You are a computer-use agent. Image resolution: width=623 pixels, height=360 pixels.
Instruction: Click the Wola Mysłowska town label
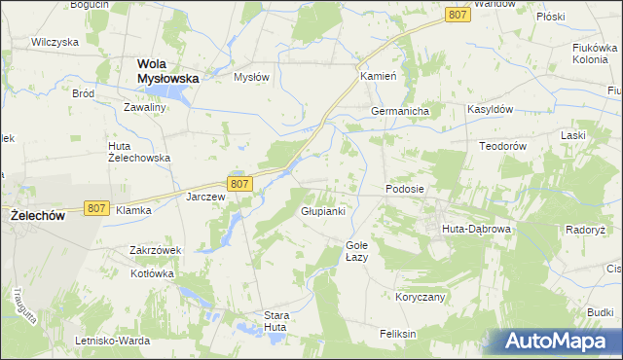[161, 70]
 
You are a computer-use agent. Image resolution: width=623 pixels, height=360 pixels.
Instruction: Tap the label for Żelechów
[37, 215]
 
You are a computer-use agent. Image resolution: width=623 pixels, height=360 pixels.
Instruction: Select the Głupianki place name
[323, 211]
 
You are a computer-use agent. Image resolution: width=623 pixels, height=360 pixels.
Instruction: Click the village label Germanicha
[400, 112]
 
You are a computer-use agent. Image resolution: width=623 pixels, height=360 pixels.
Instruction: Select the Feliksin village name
[398, 334]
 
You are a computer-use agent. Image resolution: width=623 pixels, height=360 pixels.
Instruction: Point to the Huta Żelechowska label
[138, 151]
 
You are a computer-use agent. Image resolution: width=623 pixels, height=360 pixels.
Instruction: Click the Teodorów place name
[502, 146]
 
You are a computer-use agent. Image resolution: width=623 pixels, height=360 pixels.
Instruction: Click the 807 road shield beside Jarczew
[240, 183]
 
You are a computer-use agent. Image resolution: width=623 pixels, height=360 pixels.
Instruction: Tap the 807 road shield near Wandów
[458, 15]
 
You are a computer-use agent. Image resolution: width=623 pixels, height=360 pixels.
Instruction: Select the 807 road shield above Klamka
[95, 208]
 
